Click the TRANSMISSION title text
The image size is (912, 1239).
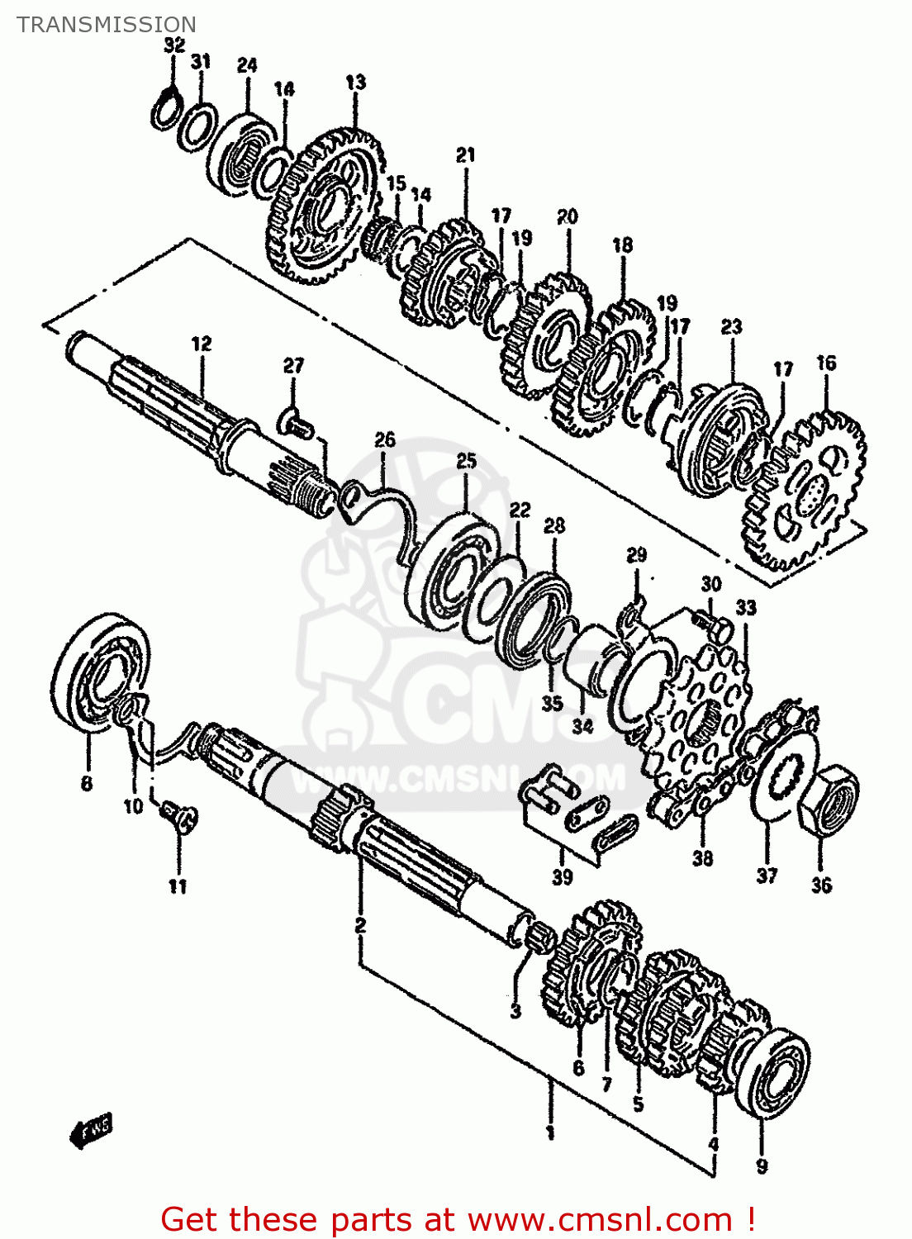pyautogui.click(x=107, y=25)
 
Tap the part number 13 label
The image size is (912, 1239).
pyautogui.click(x=355, y=83)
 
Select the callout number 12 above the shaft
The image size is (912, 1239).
pyautogui.click(x=202, y=344)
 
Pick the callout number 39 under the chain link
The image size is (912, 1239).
pyautogui.click(x=562, y=877)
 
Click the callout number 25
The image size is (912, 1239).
pyautogui.click(x=467, y=461)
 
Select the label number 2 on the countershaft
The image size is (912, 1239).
pyautogui.click(x=360, y=925)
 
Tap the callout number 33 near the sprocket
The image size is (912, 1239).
pyautogui.click(x=745, y=608)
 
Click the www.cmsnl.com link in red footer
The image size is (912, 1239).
pyautogui.click(x=601, y=1219)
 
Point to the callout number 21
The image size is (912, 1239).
pyautogui.click(x=466, y=154)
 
